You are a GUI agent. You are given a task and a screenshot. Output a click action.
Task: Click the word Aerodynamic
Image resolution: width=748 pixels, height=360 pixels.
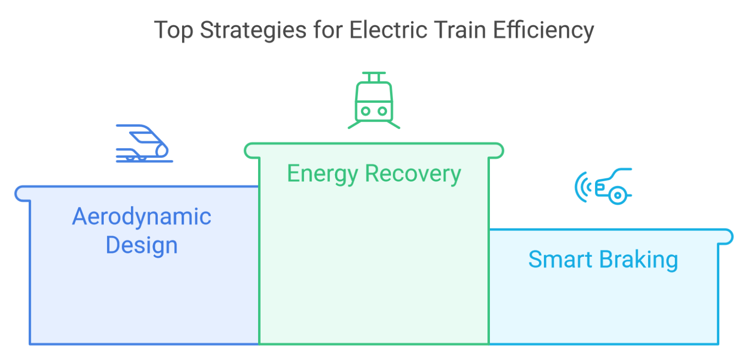(x=142, y=217)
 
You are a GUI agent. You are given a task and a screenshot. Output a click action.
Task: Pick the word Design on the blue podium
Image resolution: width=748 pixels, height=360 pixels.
(x=141, y=245)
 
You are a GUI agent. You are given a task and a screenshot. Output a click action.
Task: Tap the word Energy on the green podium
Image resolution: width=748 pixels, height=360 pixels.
(x=321, y=174)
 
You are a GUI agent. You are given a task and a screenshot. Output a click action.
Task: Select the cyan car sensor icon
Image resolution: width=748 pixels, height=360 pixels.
(x=604, y=186)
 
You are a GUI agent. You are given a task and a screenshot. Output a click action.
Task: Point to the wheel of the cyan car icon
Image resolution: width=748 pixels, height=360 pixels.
(x=617, y=195)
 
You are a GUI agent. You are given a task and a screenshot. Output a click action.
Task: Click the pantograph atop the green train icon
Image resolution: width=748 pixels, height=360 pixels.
(x=374, y=76)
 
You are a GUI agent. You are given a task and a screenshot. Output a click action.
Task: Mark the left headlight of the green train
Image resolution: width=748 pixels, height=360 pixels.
(x=365, y=111)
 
